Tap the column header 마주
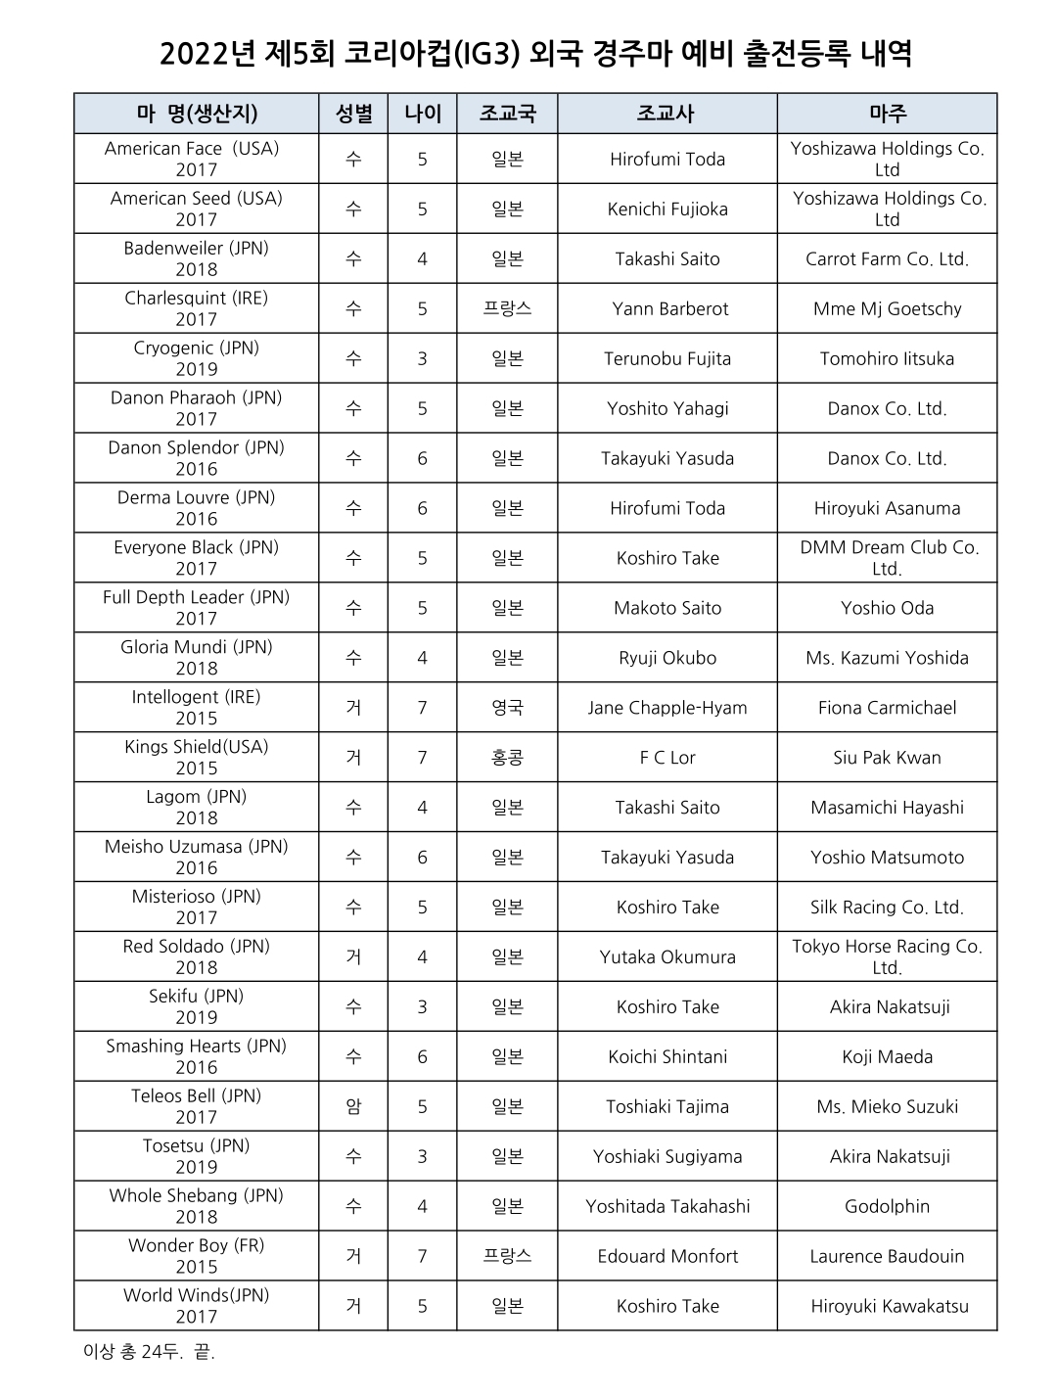(887, 114)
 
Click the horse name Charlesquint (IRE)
(196, 299)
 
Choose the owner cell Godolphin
(887, 1207)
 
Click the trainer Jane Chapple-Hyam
(667, 708)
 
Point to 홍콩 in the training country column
(507, 758)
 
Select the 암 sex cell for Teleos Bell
(353, 1107)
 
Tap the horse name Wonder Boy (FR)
(196, 1245)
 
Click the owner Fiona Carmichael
(887, 708)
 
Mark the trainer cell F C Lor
(667, 758)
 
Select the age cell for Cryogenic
(422, 359)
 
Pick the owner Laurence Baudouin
(887, 1257)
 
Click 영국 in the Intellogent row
(507, 708)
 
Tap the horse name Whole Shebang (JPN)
(196, 1195)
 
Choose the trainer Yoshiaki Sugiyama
(667, 1157)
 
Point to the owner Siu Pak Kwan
(887, 758)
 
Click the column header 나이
(422, 114)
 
